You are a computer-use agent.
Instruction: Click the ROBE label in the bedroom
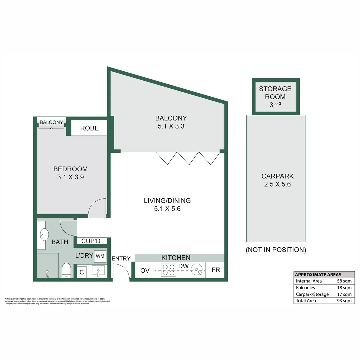coord(89,128)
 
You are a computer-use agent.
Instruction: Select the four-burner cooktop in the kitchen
coord(168,270)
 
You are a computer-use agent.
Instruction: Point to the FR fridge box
coord(216,270)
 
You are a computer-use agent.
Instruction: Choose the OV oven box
coord(145,270)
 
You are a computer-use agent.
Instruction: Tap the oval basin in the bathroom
coord(44,235)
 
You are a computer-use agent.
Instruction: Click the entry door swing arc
coord(123,268)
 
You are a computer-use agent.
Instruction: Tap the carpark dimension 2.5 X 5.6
coord(277,184)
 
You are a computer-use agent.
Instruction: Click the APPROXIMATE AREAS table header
coord(318,275)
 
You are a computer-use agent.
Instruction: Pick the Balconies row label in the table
coord(305,288)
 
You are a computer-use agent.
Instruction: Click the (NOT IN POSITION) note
coord(276,250)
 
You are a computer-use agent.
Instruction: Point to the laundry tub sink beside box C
coord(98,271)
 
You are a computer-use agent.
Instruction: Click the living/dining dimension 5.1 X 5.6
coord(167,209)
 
